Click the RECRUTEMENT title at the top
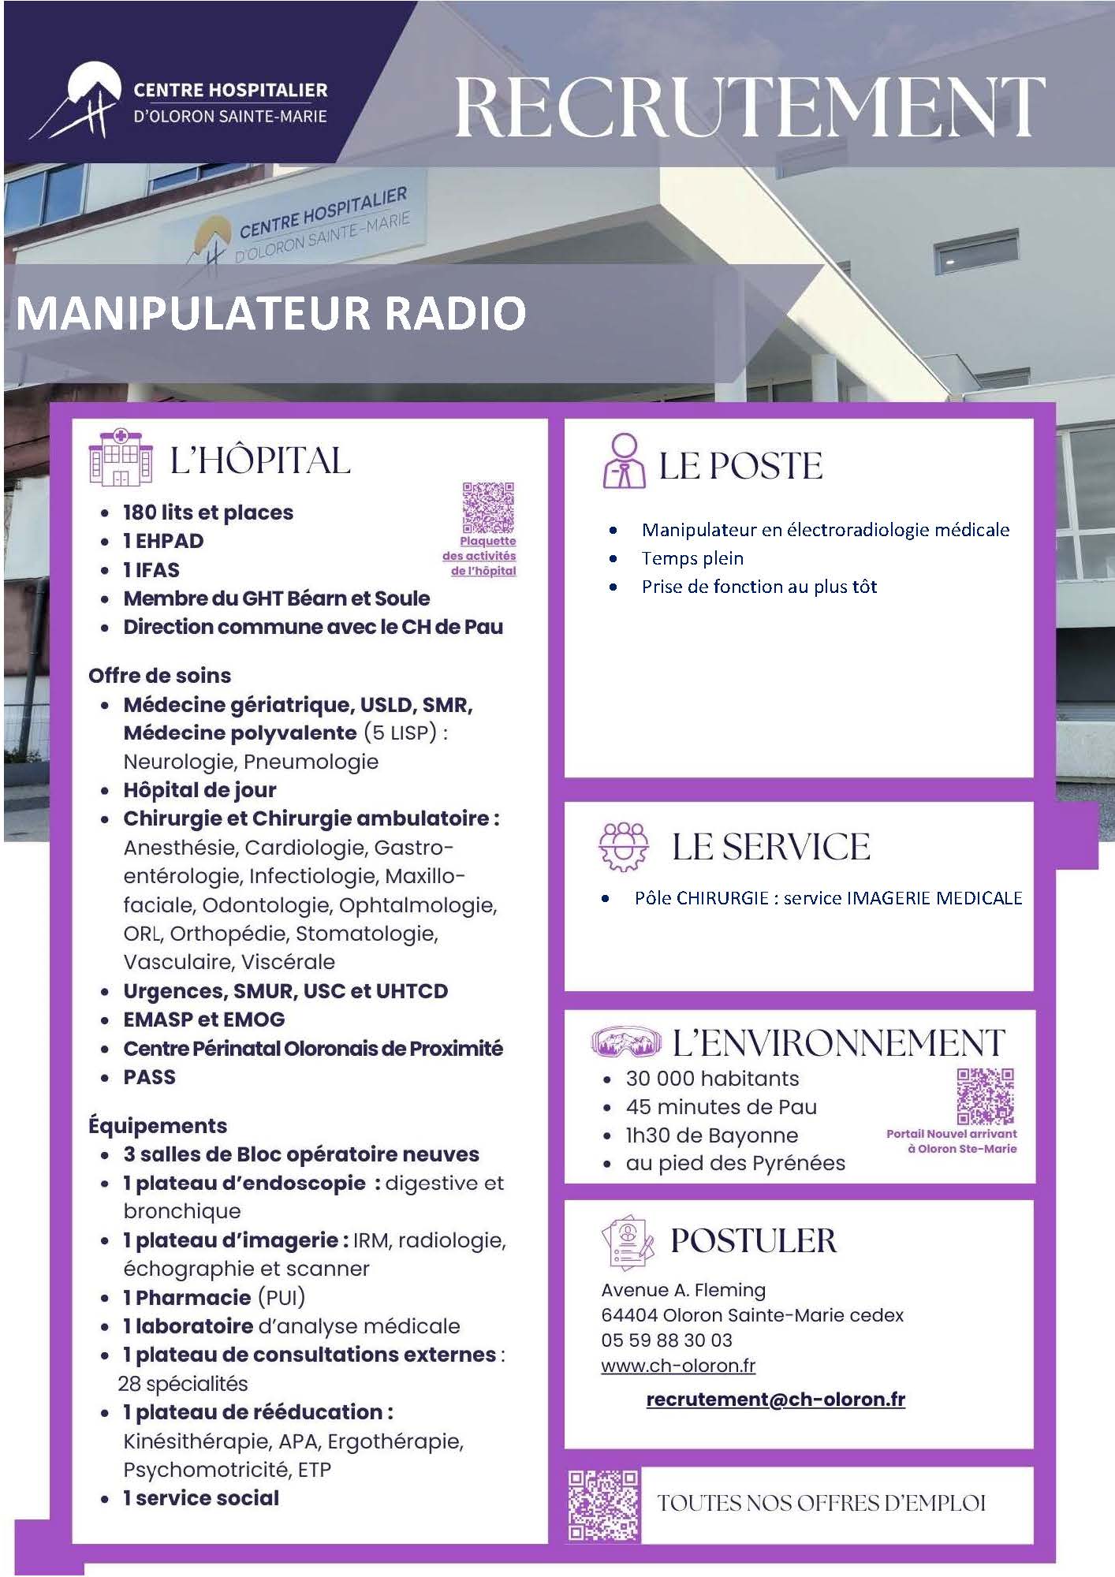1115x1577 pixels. click(x=750, y=106)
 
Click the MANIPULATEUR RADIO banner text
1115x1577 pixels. click(x=271, y=313)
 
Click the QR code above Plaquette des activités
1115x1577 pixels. click(x=488, y=508)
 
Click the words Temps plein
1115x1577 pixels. click(x=692, y=558)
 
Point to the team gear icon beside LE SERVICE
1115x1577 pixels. click(x=625, y=847)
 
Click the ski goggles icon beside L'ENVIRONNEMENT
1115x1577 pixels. click(x=628, y=1042)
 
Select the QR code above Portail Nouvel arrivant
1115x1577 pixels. click(x=985, y=1096)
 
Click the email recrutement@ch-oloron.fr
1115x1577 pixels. click(x=775, y=1400)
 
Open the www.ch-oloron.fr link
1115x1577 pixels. click(x=678, y=1366)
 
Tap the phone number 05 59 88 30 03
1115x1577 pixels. click(x=666, y=1340)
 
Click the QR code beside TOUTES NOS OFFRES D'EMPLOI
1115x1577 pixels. click(x=604, y=1505)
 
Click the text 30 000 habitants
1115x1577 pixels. click(x=712, y=1078)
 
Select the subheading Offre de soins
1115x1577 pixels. click(x=159, y=676)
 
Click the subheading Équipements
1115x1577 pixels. click(x=158, y=1126)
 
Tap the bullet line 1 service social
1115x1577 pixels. click(x=201, y=1498)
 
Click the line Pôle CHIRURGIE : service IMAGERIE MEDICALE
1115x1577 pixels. click(x=828, y=898)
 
